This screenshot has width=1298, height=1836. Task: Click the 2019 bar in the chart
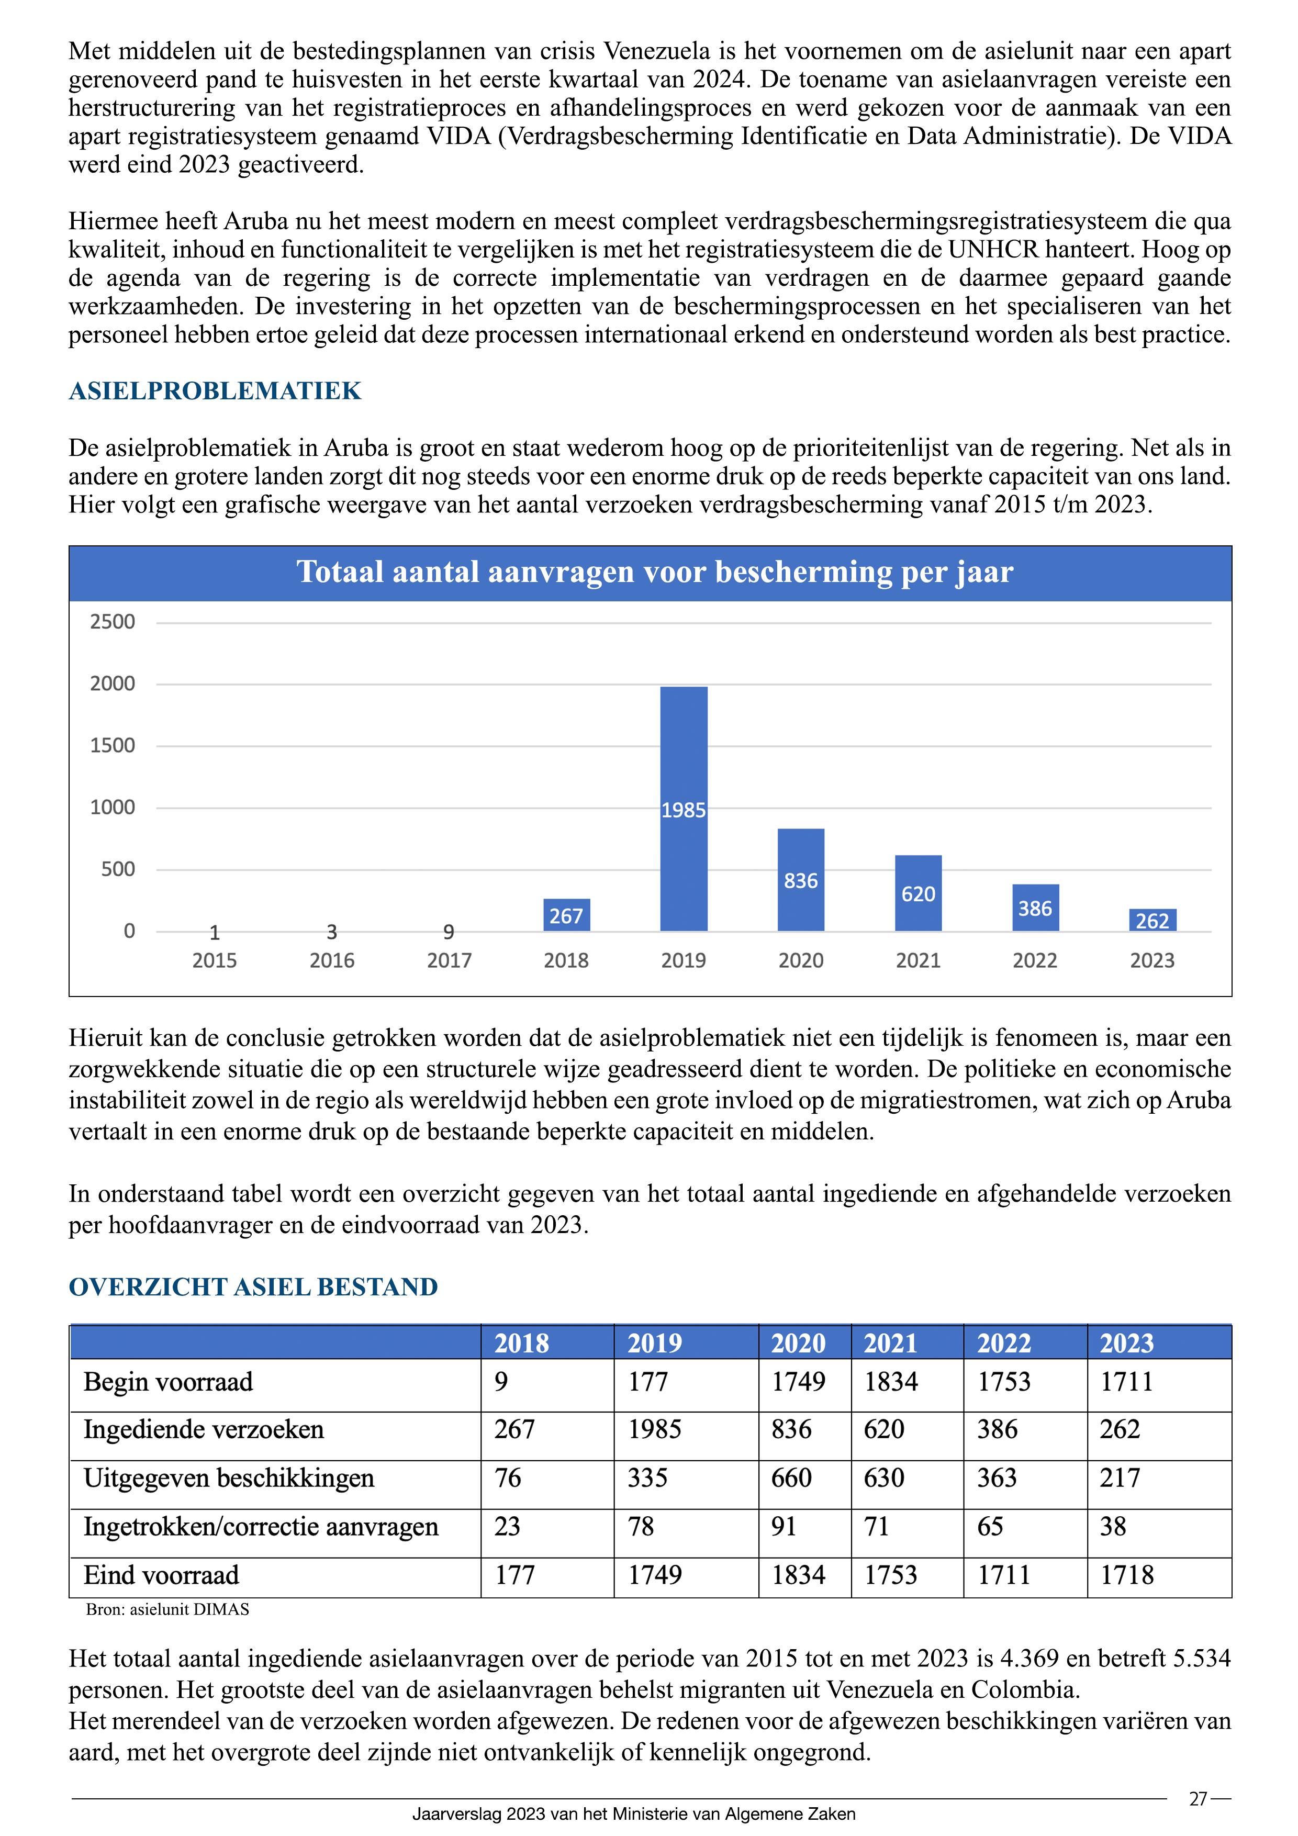pos(683,808)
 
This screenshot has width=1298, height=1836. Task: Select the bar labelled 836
pos(801,880)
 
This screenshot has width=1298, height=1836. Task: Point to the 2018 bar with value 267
pos(566,915)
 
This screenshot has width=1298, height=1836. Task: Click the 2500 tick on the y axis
pos(113,621)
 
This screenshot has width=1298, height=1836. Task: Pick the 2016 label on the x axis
pos(332,960)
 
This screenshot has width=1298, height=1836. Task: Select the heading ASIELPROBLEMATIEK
pos(215,391)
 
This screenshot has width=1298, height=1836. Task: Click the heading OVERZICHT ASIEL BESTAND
pos(253,1286)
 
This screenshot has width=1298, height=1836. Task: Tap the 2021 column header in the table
pos(890,1342)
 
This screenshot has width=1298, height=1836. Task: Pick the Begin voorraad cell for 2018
pos(501,1382)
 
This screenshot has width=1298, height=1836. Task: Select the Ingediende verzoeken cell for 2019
pos(654,1430)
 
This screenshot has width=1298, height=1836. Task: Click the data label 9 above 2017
pos(449,932)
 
